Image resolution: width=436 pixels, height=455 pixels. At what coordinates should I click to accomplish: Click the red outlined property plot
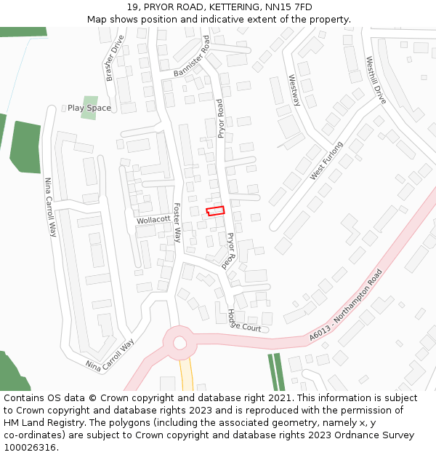(x=215, y=211)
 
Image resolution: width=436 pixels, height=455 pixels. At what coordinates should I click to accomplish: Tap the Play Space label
(x=89, y=108)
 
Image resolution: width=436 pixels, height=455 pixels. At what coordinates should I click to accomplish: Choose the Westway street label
(x=294, y=90)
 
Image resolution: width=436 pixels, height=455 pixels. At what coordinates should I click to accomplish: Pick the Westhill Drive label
(x=376, y=80)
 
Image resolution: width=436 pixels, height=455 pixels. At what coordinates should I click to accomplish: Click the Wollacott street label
(x=153, y=218)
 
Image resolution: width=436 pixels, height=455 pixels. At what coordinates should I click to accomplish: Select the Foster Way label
(x=177, y=223)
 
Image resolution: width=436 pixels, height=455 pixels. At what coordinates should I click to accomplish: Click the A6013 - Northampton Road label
(x=345, y=304)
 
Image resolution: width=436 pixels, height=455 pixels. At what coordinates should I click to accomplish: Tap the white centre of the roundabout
(x=179, y=342)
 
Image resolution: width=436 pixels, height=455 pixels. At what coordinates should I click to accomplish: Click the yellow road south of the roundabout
(x=186, y=375)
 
